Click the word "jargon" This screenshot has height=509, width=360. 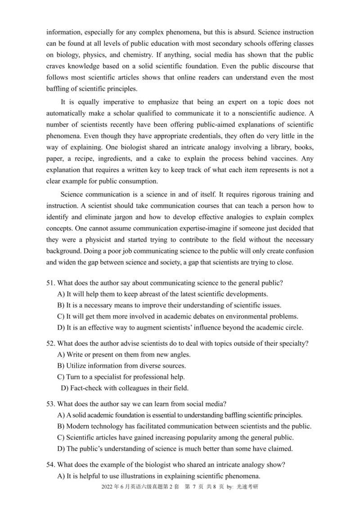[119, 218]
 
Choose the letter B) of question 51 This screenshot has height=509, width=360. [61, 306]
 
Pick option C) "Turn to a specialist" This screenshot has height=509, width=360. [61, 377]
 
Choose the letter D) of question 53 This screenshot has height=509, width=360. [61, 448]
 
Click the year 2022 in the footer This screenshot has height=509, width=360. [108, 487]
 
